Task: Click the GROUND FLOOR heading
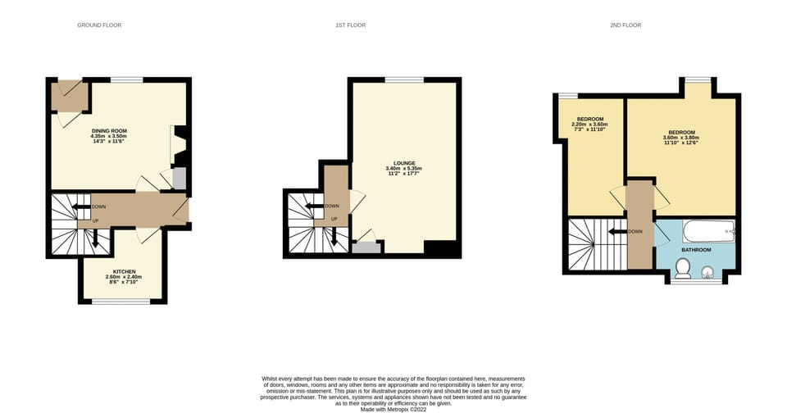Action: tap(99, 25)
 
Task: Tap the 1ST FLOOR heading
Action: tap(350, 25)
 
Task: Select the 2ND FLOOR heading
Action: tap(625, 25)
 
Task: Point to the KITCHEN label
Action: tap(124, 271)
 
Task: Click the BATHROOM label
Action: tap(696, 249)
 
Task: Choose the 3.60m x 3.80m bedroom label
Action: tap(681, 133)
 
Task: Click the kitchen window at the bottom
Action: tap(120, 302)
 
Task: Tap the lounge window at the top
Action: tap(403, 79)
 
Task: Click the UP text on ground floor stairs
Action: tap(95, 220)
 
